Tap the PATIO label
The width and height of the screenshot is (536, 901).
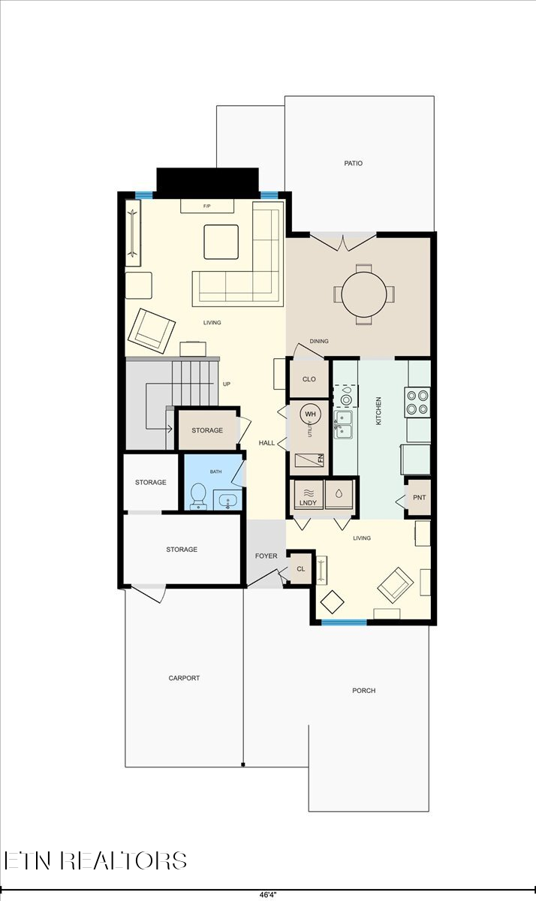(x=354, y=163)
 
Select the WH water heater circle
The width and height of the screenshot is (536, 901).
(x=311, y=414)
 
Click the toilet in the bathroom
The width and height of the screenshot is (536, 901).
(x=199, y=495)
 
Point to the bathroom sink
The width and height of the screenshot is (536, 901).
(x=226, y=499)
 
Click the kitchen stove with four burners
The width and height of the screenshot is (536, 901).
(x=418, y=402)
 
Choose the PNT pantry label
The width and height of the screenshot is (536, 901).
(x=418, y=497)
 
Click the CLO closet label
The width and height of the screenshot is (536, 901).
(x=309, y=379)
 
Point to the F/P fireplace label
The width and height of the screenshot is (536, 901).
(x=206, y=206)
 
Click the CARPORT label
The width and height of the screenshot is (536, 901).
(x=184, y=678)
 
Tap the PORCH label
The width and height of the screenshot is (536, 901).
(x=363, y=690)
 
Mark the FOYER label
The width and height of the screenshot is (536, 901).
(x=266, y=556)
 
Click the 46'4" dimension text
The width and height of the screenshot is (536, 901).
(x=267, y=895)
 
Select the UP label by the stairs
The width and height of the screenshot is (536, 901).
(x=226, y=384)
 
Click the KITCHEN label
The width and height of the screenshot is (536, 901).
(x=379, y=411)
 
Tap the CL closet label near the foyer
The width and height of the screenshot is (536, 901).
(x=300, y=569)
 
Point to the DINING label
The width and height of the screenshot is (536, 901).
(x=319, y=342)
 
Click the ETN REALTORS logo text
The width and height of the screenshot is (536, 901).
(x=95, y=860)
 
